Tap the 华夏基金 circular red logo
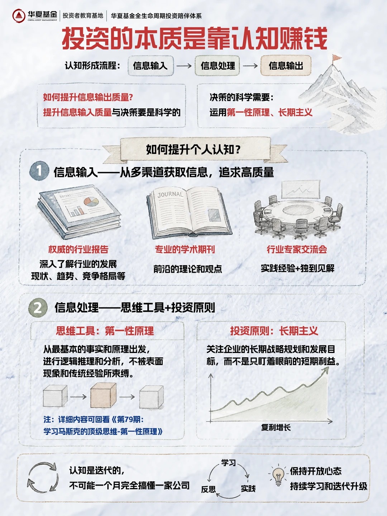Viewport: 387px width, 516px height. coord(19,16)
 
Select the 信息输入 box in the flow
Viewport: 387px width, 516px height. coord(150,66)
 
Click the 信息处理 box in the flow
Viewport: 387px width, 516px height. coord(218,66)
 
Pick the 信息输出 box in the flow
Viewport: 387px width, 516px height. coord(286,66)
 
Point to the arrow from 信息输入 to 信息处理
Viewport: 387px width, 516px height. coord(184,66)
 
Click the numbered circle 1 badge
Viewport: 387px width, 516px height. coord(39,171)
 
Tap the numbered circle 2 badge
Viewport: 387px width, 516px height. coord(38,307)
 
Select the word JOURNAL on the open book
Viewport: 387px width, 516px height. coord(170,195)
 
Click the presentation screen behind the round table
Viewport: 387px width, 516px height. coord(301,190)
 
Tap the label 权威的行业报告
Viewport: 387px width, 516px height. coord(78,249)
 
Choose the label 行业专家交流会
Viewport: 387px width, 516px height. coord(297,249)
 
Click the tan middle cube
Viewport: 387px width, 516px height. coord(104,395)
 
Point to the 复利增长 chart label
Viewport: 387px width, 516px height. coord(276,427)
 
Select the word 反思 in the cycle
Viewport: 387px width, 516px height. coord(209,489)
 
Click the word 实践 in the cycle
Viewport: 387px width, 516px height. coord(248,488)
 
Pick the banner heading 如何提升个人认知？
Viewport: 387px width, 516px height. coord(193,149)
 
